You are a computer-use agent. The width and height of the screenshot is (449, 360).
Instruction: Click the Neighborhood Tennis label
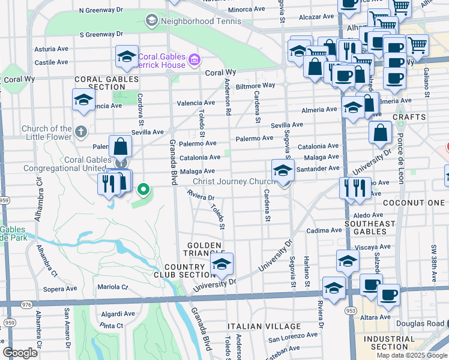point(202,21)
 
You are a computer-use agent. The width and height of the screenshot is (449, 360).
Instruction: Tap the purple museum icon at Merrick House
point(194,59)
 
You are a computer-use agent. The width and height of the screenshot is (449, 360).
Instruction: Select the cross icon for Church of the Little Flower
point(81,131)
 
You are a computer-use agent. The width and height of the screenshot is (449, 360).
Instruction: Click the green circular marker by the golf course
point(143,191)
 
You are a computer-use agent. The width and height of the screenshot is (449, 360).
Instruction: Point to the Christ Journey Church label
point(234,182)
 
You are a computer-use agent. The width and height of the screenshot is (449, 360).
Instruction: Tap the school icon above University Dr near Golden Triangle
point(221,265)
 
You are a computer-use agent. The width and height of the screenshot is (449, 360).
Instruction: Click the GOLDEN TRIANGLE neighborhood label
point(205,250)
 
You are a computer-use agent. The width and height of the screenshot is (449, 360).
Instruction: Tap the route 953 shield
point(351,311)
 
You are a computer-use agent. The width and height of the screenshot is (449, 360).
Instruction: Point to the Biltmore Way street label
point(255,86)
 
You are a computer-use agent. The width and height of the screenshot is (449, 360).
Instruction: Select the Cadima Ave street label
point(324,230)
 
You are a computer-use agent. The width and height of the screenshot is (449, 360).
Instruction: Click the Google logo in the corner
point(20,353)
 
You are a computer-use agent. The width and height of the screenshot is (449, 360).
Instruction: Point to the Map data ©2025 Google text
point(411,355)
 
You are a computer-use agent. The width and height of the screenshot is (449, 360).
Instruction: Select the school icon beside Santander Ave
point(283,170)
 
